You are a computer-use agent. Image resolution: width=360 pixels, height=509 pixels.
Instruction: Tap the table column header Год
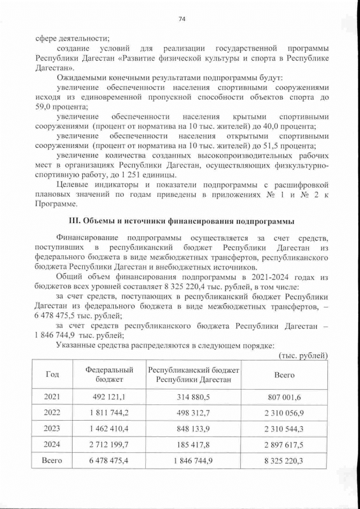tap(51, 375)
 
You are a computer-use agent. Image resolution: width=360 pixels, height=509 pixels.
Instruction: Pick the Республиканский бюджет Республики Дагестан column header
tap(193, 375)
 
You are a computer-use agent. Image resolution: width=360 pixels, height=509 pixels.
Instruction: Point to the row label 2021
tap(51, 397)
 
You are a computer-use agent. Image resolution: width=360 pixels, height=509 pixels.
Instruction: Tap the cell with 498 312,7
tap(193, 413)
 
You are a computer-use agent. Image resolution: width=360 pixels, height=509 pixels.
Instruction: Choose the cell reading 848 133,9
tap(193, 429)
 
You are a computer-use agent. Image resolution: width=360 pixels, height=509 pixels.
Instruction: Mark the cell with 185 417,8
tap(193, 444)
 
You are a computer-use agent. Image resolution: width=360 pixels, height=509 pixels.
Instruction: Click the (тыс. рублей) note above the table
tap(303, 355)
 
